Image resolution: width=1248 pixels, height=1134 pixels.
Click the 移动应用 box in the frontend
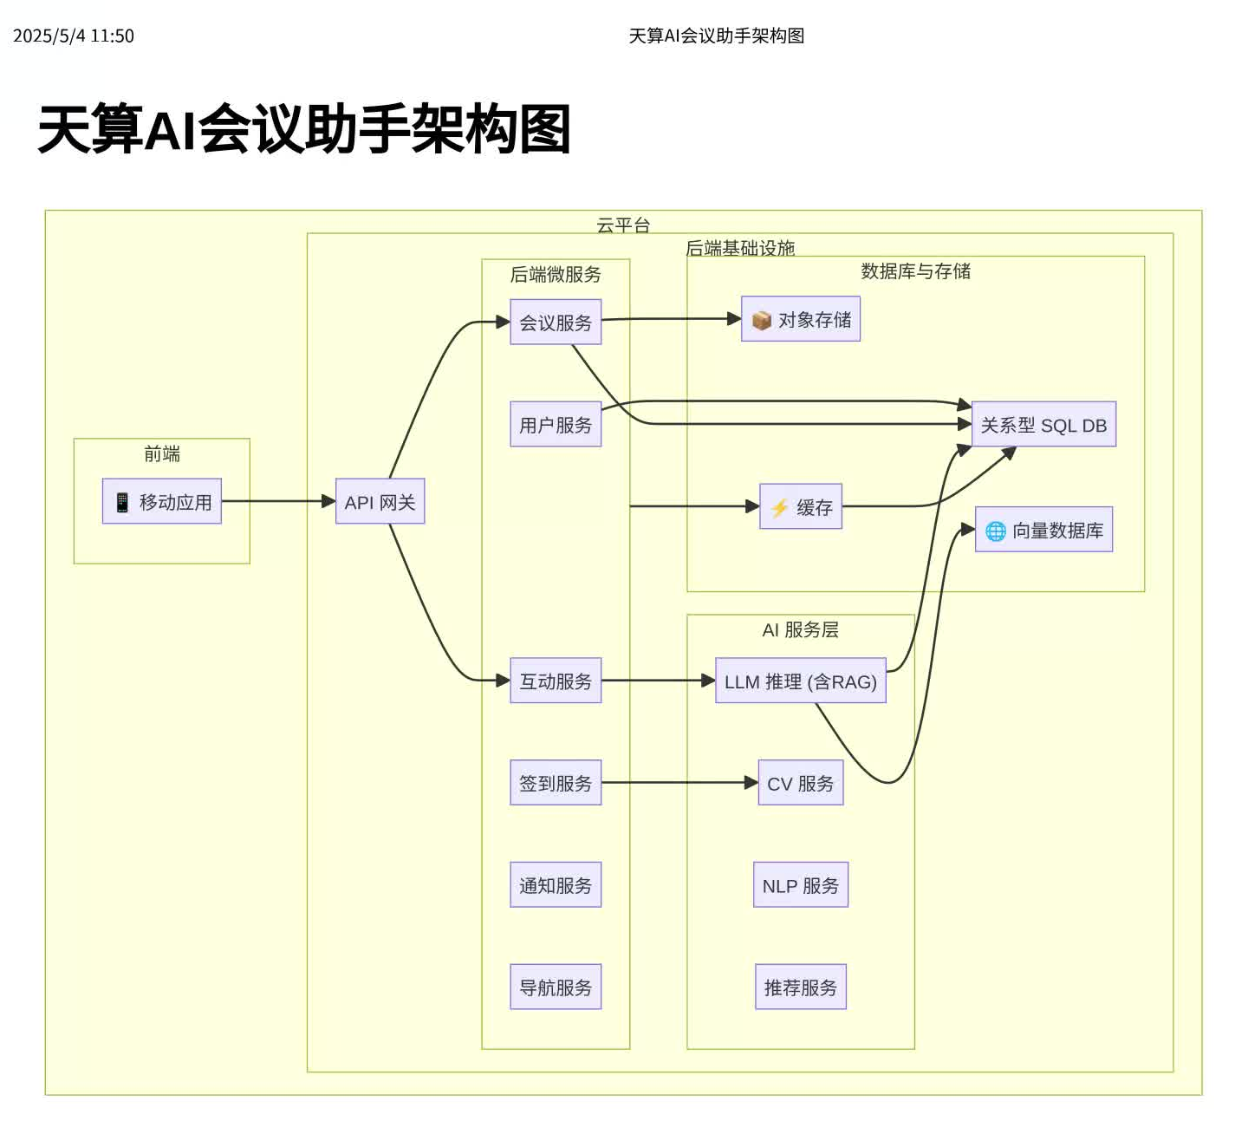(162, 501)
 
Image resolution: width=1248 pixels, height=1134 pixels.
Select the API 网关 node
(380, 501)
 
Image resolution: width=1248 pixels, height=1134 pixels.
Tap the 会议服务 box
(556, 322)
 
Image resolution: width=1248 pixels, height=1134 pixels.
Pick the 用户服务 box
(556, 424)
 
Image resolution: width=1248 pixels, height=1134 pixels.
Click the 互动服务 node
(556, 681)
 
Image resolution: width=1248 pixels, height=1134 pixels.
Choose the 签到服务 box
(556, 782)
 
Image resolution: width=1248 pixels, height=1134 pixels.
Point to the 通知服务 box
(556, 884)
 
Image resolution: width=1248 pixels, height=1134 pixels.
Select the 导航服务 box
(556, 987)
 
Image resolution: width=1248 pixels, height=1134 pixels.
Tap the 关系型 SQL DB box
(1043, 424)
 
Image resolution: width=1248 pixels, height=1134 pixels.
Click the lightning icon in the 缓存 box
(779, 507)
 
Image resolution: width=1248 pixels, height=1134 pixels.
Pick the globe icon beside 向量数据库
(996, 531)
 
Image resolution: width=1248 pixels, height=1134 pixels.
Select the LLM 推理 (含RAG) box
(801, 681)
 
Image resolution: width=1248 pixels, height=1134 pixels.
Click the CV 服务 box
(801, 782)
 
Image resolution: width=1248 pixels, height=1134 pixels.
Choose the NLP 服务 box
(801, 884)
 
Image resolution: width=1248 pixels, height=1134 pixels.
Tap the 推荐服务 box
(801, 987)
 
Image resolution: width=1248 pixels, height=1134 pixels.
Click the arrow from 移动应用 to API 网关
(277, 501)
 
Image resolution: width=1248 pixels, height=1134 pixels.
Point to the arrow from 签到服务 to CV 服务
(679, 782)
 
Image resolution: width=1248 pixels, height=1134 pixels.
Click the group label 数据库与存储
(915, 270)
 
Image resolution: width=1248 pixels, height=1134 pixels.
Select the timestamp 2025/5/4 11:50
(74, 36)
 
